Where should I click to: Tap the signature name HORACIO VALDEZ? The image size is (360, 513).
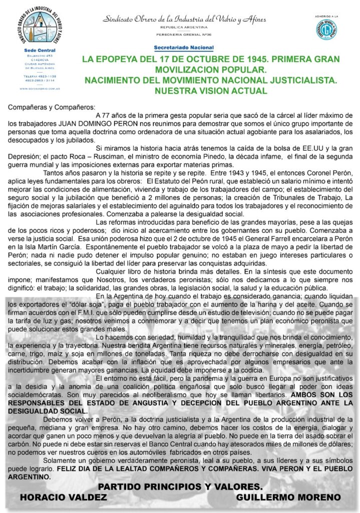(x=64, y=497)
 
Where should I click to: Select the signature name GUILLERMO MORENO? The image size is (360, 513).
(x=288, y=497)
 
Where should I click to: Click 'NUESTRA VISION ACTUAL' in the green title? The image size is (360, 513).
(x=211, y=91)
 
